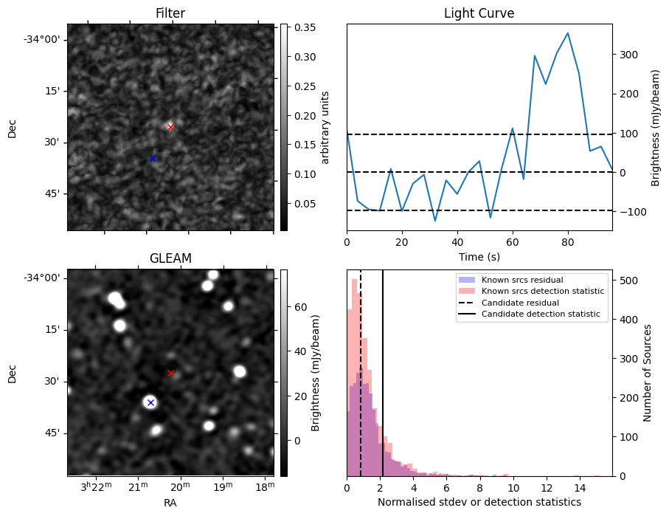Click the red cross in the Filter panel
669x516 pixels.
click(170, 127)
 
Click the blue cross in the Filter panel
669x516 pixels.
click(153, 158)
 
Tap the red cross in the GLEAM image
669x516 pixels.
click(170, 373)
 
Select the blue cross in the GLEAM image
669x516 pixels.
click(150, 402)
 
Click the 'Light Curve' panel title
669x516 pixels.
click(479, 13)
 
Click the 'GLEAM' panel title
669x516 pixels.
click(170, 258)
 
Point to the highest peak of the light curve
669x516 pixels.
click(567, 33)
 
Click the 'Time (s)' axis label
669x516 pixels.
click(479, 256)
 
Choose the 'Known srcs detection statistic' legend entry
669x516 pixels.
click(542, 291)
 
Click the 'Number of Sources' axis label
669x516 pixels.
click(648, 373)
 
